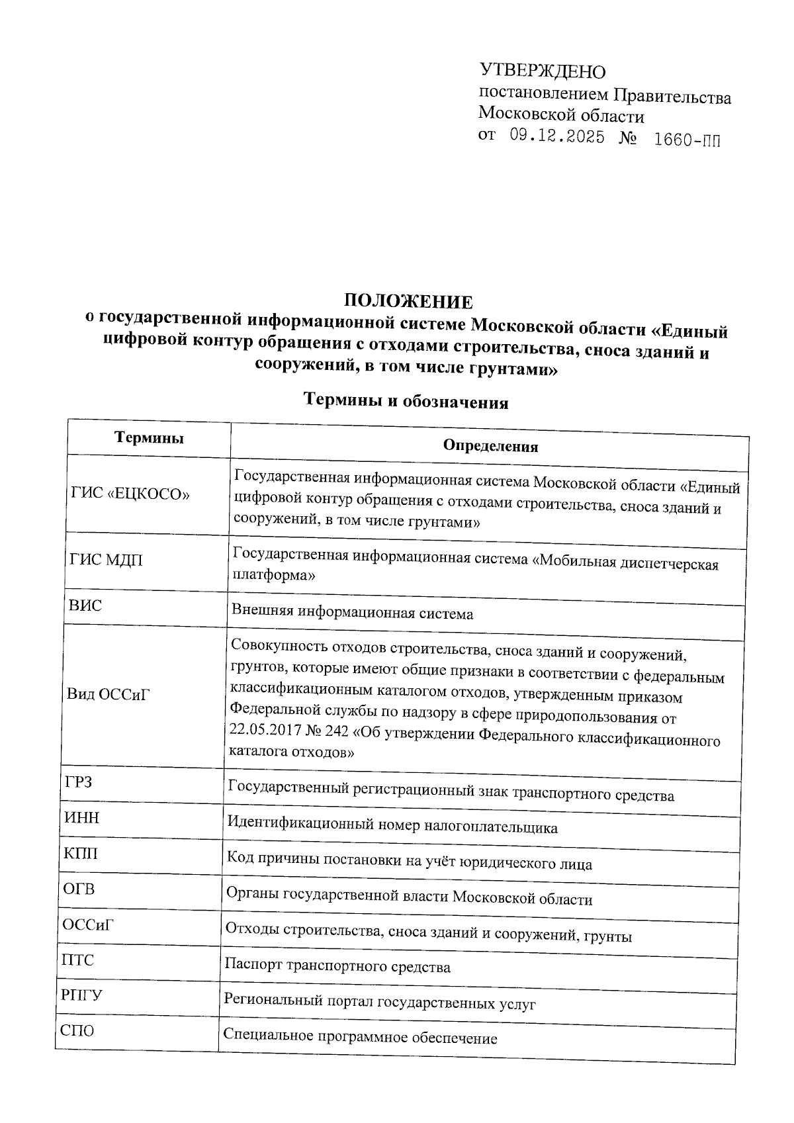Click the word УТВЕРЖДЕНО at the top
pos(542,71)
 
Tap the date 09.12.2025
pos(557,137)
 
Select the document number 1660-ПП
pos(685,140)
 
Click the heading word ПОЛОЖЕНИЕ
pos(408,302)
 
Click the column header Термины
pos(149,437)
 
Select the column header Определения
pos(490,446)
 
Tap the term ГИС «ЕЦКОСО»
pos(130,494)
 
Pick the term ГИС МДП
pos(106,560)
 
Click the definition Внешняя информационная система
pos(352,613)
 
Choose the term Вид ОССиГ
pos(109,694)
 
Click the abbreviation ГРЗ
pos(79,782)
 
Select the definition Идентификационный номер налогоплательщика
pos(392,827)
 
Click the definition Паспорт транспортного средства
pos(337,967)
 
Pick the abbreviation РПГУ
pos(82,995)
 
